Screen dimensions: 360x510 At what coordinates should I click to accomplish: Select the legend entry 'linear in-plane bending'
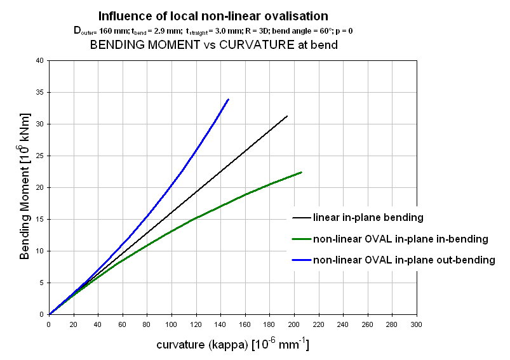(x=368, y=218)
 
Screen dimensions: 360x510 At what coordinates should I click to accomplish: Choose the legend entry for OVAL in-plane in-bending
(x=399, y=239)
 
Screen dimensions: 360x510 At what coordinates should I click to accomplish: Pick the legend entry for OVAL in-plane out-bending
(x=403, y=260)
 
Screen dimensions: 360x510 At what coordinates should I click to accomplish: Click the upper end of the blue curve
(x=228, y=99)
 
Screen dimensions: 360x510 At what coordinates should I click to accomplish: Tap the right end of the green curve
(x=302, y=172)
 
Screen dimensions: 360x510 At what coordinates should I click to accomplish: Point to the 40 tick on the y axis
(x=41, y=61)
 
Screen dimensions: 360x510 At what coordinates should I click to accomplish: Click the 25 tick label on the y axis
(x=41, y=156)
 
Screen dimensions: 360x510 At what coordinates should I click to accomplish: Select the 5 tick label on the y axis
(x=43, y=283)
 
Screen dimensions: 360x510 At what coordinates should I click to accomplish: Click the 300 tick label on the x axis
(x=417, y=324)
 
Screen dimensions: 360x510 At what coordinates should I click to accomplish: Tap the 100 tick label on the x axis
(x=171, y=324)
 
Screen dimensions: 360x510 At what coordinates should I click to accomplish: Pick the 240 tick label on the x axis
(x=343, y=324)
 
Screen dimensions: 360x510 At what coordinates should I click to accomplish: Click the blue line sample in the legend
(x=300, y=260)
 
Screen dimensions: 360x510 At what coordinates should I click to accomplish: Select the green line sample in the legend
(x=300, y=239)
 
